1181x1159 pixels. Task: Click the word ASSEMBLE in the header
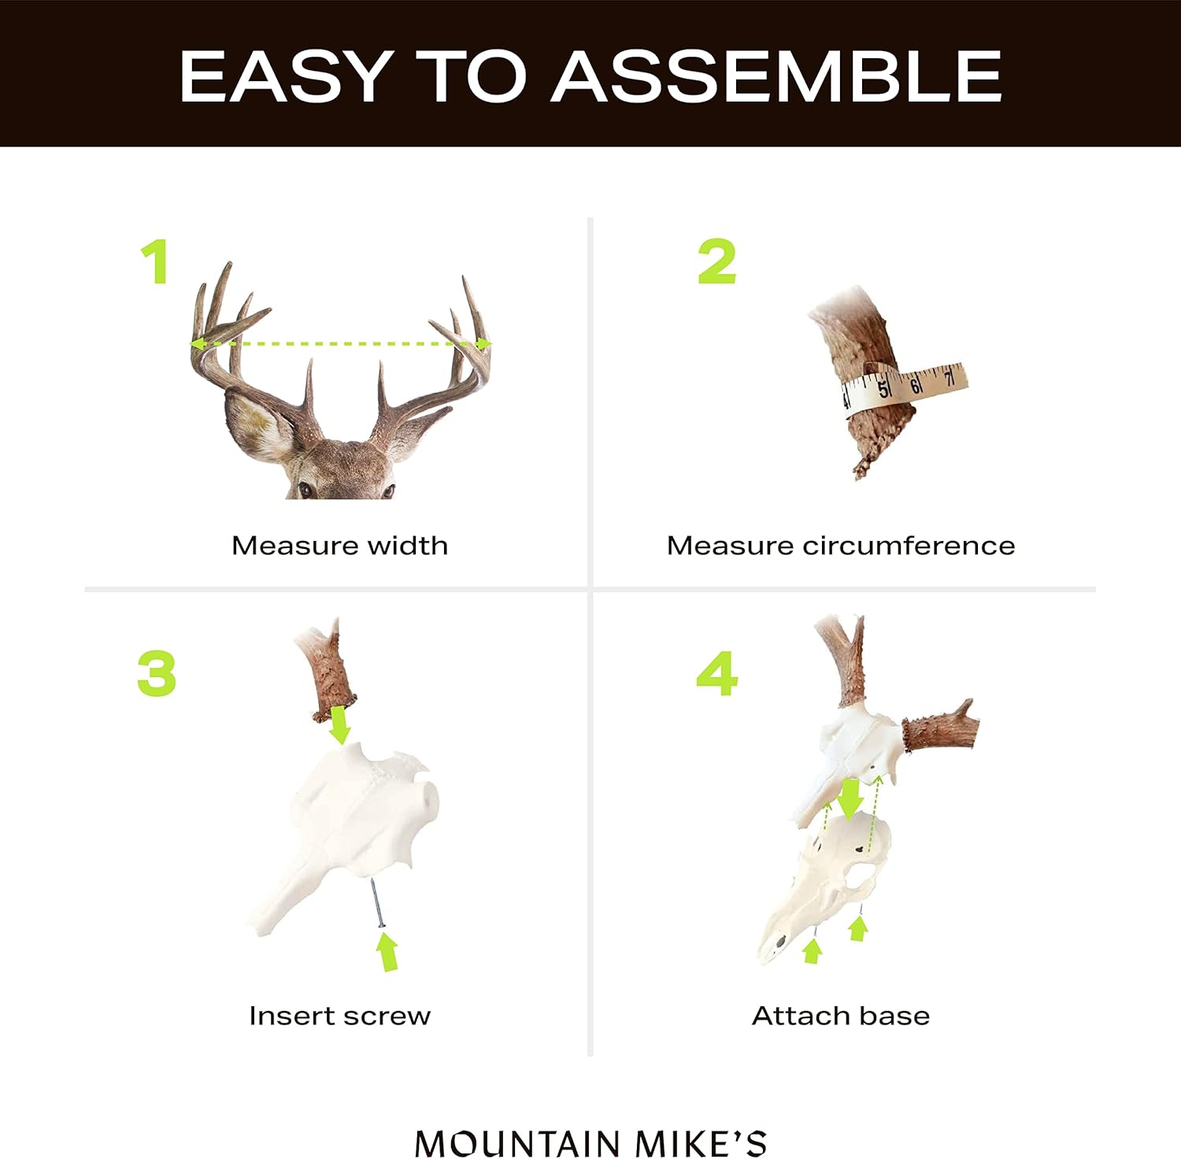(776, 76)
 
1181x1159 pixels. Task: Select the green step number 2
(716, 261)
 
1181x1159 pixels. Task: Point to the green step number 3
(157, 673)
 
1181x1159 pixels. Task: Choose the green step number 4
(717, 673)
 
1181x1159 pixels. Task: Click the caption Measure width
(339, 546)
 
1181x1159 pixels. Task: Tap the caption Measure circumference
(840, 546)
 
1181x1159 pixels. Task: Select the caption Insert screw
(339, 1016)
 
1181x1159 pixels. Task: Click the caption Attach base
(840, 1016)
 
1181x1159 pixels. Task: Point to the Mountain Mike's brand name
(590, 1143)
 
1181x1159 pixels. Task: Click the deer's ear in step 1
(257, 425)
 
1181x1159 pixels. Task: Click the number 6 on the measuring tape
(916, 385)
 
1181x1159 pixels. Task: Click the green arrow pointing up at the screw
(387, 950)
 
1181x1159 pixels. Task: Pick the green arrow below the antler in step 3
(339, 724)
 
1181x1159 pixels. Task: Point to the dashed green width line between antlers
(340, 344)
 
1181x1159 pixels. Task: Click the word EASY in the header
(284, 76)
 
